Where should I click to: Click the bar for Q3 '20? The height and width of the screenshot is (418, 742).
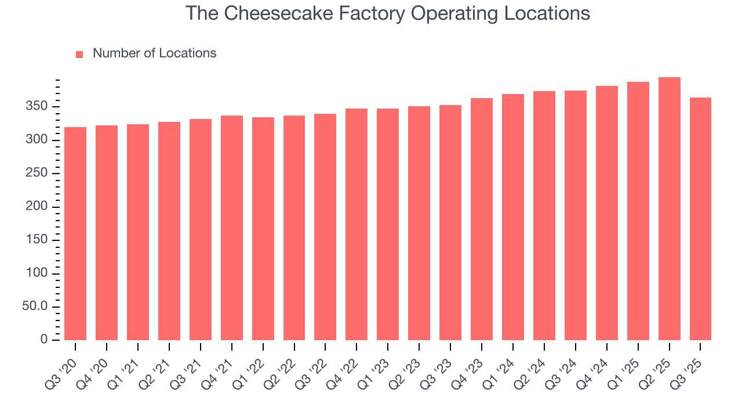click(x=75, y=233)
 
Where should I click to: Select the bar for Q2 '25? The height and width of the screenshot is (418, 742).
click(x=669, y=209)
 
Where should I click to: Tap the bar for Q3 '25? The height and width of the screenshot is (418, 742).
click(x=700, y=219)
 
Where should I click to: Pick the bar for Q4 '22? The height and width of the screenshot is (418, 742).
click(x=357, y=224)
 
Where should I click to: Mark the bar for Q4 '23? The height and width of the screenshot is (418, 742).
click(x=482, y=219)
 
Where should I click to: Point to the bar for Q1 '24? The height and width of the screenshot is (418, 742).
click(x=513, y=217)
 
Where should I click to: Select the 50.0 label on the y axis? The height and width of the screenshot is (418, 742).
click(x=34, y=307)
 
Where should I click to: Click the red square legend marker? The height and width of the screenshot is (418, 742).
click(x=79, y=54)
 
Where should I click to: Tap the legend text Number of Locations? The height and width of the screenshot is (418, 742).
click(x=154, y=53)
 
